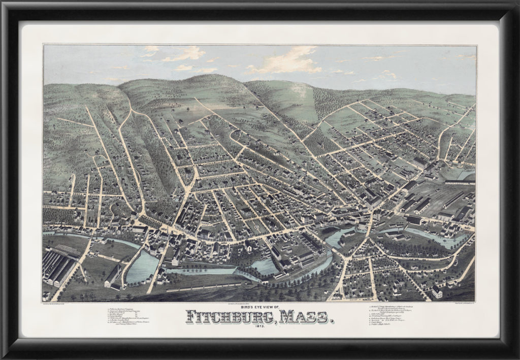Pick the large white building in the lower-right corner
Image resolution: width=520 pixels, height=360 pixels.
coord(437,291)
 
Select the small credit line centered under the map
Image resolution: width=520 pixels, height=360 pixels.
coord(260,303)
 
